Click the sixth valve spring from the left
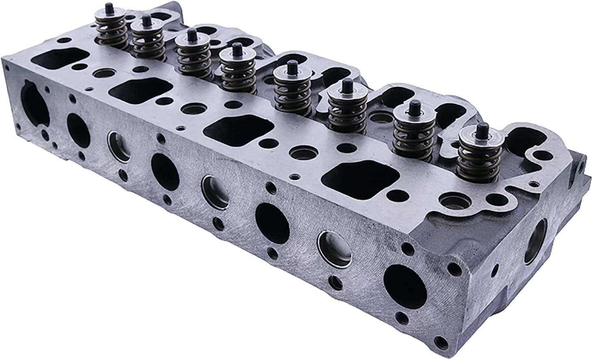pos(342,111)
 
